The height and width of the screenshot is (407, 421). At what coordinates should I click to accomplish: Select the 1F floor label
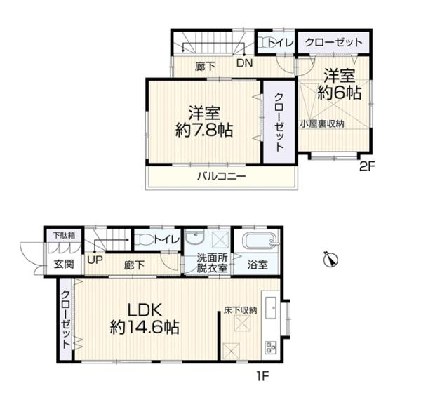pos(262,375)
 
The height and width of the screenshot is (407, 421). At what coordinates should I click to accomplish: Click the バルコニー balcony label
pos(220,177)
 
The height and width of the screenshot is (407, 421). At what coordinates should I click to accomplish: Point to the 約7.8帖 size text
pos(204,130)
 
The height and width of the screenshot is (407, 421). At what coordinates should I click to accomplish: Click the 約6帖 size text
pos(340,91)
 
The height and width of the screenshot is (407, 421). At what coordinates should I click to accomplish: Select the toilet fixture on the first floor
pos(145,240)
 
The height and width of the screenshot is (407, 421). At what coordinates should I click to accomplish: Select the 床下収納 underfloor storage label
pos(241,309)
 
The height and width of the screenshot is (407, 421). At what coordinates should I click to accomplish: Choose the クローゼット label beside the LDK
pos(66,320)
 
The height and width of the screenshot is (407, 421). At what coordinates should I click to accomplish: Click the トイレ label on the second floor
pos(283,43)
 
